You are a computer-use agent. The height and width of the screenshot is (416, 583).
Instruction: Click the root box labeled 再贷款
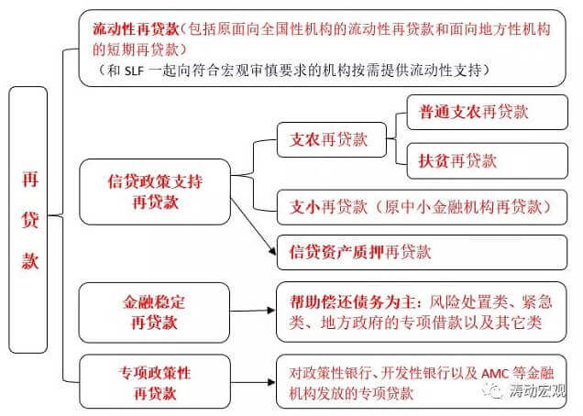pos(28,220)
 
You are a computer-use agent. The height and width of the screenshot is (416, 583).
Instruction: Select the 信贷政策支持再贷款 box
pos(155,192)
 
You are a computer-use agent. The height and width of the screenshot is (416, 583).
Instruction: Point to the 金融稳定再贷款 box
pos(154,312)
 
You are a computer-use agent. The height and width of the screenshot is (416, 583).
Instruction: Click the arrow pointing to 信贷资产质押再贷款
pos(254,226)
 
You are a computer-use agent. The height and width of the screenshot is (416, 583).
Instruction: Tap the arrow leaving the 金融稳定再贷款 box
pos(253,311)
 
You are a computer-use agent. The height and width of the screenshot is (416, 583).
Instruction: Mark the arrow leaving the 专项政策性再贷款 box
pos(253,382)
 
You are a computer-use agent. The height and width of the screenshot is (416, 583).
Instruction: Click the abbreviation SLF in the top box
pos(134,71)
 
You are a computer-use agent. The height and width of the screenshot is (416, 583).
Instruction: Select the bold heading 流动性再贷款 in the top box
pos(136,29)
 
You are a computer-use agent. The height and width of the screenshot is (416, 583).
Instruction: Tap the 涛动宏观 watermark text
pos(537,390)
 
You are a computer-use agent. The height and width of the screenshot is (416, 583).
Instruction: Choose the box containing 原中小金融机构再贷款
pos(422,207)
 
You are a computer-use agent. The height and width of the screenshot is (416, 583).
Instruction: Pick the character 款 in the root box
pos(29,260)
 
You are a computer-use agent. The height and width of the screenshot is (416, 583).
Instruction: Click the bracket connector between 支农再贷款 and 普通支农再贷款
pos(397,138)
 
